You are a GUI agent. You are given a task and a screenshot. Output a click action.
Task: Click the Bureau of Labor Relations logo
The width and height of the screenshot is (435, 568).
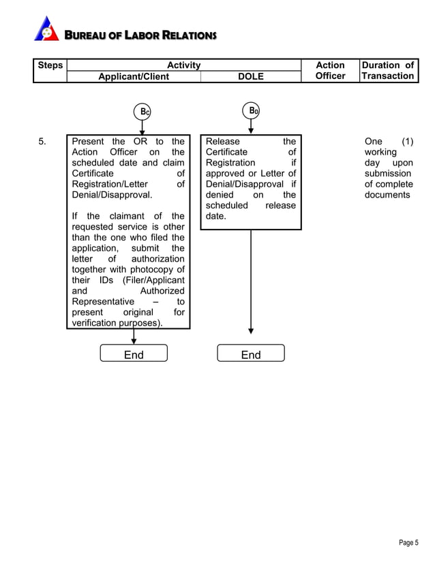pyautogui.click(x=46, y=29)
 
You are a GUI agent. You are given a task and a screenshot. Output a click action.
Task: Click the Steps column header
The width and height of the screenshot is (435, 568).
pyautogui.click(x=50, y=65)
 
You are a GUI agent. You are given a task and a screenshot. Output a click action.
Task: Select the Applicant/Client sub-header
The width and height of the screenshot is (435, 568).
pyautogui.click(x=134, y=76)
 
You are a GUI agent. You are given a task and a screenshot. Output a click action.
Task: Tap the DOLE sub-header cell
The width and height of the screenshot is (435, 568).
pyautogui.click(x=250, y=76)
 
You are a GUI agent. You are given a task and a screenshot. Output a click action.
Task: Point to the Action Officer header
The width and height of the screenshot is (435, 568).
pyautogui.click(x=330, y=71)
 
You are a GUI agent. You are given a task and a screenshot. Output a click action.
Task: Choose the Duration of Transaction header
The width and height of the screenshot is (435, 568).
pyautogui.click(x=388, y=71)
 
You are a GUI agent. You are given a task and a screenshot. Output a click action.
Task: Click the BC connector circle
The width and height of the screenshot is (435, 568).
pyautogui.click(x=142, y=111)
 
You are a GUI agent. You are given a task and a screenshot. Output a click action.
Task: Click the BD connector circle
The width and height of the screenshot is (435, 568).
pyautogui.click(x=251, y=110)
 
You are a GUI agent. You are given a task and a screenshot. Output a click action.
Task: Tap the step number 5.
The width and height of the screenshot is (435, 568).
pyautogui.click(x=42, y=142)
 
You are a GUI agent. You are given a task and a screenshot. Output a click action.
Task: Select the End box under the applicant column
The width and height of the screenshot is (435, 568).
pyautogui.click(x=134, y=354)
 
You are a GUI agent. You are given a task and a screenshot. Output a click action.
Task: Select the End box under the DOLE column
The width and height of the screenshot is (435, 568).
pyautogui.click(x=250, y=354)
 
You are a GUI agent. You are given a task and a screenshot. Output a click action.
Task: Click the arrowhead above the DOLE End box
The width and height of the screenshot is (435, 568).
pyautogui.click(x=251, y=330)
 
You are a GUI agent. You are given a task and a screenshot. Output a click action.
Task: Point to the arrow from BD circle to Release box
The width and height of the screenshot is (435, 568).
pyautogui.click(x=251, y=127)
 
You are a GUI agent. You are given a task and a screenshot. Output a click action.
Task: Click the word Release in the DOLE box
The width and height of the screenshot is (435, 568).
pyautogui.click(x=222, y=142)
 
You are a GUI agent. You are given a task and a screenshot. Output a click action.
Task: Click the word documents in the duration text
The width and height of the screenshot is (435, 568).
pyautogui.click(x=387, y=195)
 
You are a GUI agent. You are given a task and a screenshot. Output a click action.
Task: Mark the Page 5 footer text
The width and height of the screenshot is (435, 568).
pyautogui.click(x=408, y=543)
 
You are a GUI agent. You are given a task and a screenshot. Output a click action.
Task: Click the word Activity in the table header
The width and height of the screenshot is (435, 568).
pyautogui.click(x=183, y=65)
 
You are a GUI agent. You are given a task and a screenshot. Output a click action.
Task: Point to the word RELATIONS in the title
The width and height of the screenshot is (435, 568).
pyautogui.click(x=188, y=35)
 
